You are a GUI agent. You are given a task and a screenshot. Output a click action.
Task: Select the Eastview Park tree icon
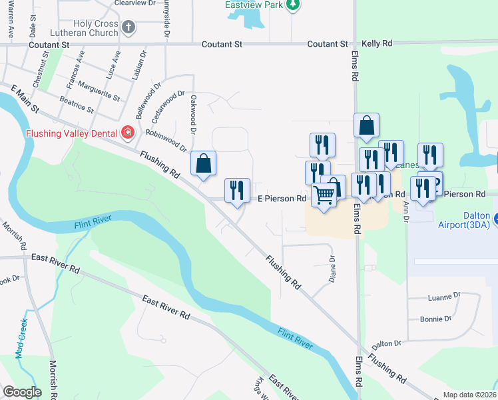[x=292, y=5]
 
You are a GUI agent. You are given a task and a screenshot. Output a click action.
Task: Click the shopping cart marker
[x=324, y=195]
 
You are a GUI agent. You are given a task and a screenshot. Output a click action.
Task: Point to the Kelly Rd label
[x=377, y=43]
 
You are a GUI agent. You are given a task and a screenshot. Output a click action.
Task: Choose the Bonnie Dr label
[x=436, y=319]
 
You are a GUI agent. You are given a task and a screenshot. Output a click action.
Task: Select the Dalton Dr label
[x=387, y=344]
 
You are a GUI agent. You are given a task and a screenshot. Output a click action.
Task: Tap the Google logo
[x=22, y=391]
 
